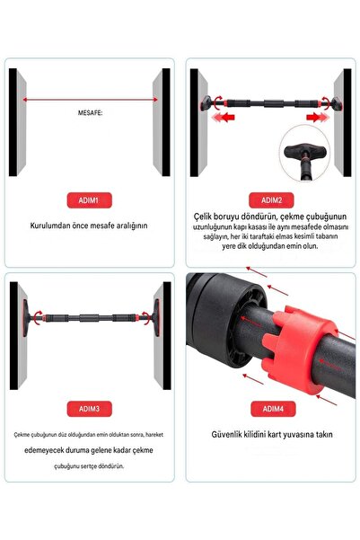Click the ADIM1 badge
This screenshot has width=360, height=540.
89,199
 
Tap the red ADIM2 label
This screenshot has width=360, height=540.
271,199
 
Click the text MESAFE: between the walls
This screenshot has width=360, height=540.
89,114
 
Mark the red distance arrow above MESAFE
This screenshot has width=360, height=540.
89,100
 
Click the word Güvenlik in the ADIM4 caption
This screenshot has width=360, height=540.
228,434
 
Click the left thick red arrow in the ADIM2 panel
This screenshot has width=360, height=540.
230,117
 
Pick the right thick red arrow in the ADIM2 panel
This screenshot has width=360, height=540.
314,117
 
